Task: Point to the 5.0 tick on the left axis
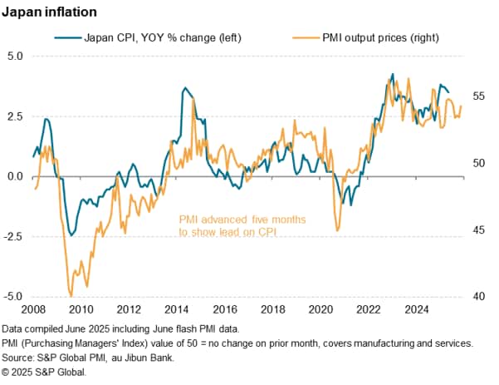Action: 16,57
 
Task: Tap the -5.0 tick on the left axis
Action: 14,296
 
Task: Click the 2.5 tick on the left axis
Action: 16,116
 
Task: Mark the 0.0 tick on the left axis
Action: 16,176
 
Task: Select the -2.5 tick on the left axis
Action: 14,236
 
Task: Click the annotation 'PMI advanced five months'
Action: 242,219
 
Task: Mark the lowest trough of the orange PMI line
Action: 71,295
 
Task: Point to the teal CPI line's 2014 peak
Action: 184,87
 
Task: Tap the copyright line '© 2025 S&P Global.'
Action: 50,372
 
